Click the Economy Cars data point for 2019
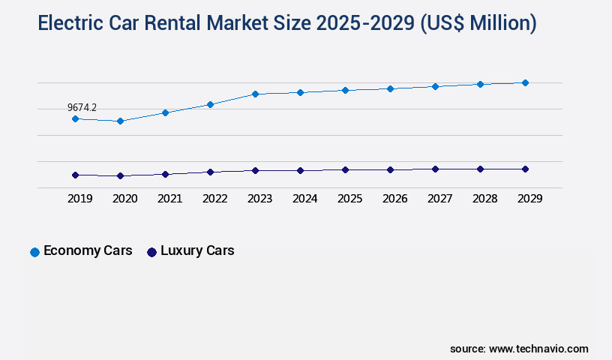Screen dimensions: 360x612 (75, 118)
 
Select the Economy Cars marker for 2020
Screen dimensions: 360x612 (120, 121)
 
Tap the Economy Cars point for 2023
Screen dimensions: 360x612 (255, 94)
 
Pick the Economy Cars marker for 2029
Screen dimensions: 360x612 (525, 82)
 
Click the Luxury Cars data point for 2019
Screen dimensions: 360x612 (75, 175)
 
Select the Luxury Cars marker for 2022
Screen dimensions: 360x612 (210, 172)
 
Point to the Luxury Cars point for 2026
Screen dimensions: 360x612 (390, 169)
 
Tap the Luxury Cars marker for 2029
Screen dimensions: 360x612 (525, 169)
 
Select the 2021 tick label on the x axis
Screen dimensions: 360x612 (169, 199)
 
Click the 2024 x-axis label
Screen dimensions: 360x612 (304, 199)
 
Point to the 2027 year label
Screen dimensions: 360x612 (439, 199)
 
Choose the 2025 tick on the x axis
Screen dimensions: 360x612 (349, 199)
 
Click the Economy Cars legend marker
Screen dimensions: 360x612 (34, 252)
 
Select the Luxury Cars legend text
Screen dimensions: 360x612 (197, 250)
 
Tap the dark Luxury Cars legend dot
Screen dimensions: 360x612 (151, 252)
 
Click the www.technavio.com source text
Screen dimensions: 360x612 (538, 349)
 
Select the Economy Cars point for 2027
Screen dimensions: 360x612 (435, 86)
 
